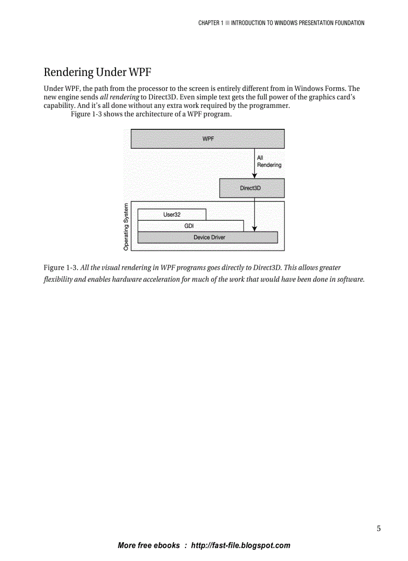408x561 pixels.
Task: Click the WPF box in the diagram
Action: click(x=207, y=139)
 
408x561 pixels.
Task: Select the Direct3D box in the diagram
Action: click(x=251, y=188)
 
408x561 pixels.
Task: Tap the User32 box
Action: click(x=171, y=214)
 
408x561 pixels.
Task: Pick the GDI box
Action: click(x=189, y=226)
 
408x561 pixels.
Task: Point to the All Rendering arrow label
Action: click(x=268, y=161)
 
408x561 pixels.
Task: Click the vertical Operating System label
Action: click(x=126, y=226)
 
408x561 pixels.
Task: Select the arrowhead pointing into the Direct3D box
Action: click(x=254, y=175)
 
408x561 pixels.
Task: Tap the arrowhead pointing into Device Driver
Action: click(x=254, y=229)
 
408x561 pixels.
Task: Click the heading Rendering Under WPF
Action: click(x=97, y=72)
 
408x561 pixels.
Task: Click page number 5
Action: click(x=378, y=529)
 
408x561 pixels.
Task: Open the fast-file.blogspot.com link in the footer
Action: click(x=240, y=546)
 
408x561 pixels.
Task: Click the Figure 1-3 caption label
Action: click(x=61, y=268)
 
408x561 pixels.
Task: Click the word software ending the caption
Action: click(x=350, y=279)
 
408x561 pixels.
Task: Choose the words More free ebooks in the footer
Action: click(x=148, y=546)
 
